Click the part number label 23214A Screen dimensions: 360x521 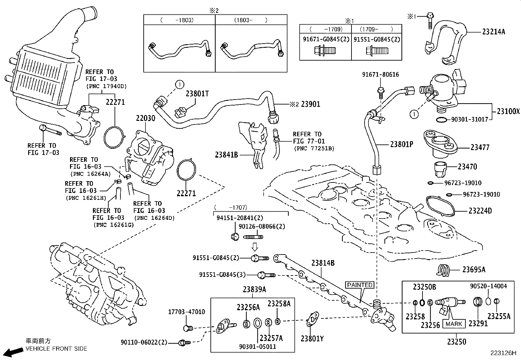493,32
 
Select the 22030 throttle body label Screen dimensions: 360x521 146,118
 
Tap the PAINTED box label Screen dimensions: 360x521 360,285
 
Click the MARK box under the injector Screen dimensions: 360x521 454,324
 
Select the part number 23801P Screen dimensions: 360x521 402,144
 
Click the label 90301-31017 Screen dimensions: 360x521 470,120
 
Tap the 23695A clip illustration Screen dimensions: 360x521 443,270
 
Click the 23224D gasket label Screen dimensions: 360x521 480,211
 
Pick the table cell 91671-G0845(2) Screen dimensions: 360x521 325,39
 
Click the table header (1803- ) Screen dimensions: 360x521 251,20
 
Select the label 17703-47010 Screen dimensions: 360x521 187,312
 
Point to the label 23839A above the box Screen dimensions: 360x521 254,289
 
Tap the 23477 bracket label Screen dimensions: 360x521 480,147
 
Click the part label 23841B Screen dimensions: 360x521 226,155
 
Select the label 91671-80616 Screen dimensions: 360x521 380,75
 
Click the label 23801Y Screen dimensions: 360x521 312,339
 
